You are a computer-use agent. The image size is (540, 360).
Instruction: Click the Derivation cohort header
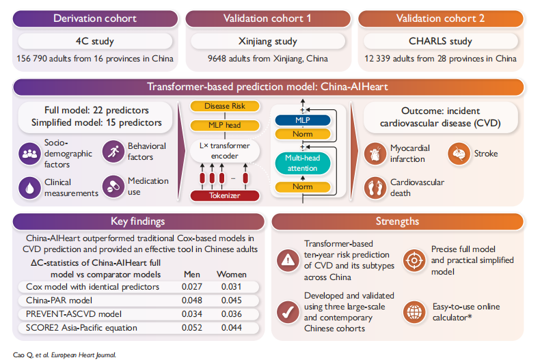click(x=95, y=18)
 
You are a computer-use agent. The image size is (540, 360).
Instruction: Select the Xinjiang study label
click(x=267, y=41)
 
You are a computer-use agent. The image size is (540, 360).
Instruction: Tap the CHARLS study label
click(x=440, y=41)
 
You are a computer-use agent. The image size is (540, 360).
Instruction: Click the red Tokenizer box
click(x=225, y=195)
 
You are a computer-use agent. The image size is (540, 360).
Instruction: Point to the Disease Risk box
click(x=225, y=106)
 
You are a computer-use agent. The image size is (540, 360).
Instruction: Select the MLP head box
click(x=225, y=125)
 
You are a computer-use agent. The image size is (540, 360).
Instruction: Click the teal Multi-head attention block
click(x=303, y=163)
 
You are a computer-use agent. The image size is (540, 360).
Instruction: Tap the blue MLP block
click(x=303, y=120)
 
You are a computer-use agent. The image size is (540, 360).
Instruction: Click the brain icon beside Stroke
click(x=459, y=154)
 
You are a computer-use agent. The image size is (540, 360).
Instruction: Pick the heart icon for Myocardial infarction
click(x=375, y=154)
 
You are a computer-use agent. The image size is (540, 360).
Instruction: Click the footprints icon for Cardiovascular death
click(x=375, y=188)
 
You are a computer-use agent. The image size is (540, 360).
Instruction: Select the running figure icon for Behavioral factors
click(x=113, y=152)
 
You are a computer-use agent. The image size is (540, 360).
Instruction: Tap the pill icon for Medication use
click(x=113, y=186)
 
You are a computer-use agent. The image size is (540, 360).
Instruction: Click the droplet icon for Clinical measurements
click(x=29, y=188)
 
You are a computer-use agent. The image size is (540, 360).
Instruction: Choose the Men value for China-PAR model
click(x=192, y=301)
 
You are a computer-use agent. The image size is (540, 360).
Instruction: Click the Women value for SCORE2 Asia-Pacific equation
click(x=232, y=328)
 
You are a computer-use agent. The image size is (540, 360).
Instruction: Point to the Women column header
click(x=232, y=275)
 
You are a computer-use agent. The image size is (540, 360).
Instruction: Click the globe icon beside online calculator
click(x=414, y=312)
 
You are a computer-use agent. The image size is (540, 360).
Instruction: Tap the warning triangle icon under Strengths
click(x=288, y=260)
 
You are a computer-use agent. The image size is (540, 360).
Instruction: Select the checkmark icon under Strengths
click(x=288, y=312)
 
